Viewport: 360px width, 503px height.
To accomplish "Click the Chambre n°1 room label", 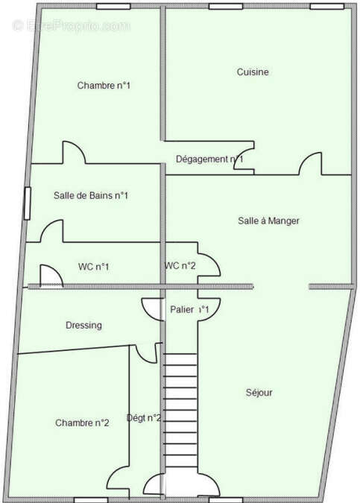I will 104,86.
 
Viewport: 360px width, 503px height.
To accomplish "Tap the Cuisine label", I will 253,72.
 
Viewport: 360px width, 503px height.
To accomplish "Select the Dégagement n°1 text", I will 209,159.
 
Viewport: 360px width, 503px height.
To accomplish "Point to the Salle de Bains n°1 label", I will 91,196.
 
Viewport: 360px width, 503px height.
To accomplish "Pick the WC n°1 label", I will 94,266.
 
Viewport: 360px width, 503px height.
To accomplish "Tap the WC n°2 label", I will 180,266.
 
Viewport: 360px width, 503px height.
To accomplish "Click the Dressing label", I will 83,326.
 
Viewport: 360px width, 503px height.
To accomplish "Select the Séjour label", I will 259,393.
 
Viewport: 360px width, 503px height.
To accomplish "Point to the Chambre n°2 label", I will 82,423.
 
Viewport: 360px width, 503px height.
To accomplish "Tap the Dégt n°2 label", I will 144,418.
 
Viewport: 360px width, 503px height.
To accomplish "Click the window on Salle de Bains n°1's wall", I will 28,203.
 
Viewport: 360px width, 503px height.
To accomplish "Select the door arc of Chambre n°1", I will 74,153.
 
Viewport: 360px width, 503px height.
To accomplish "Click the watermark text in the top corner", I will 71,25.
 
